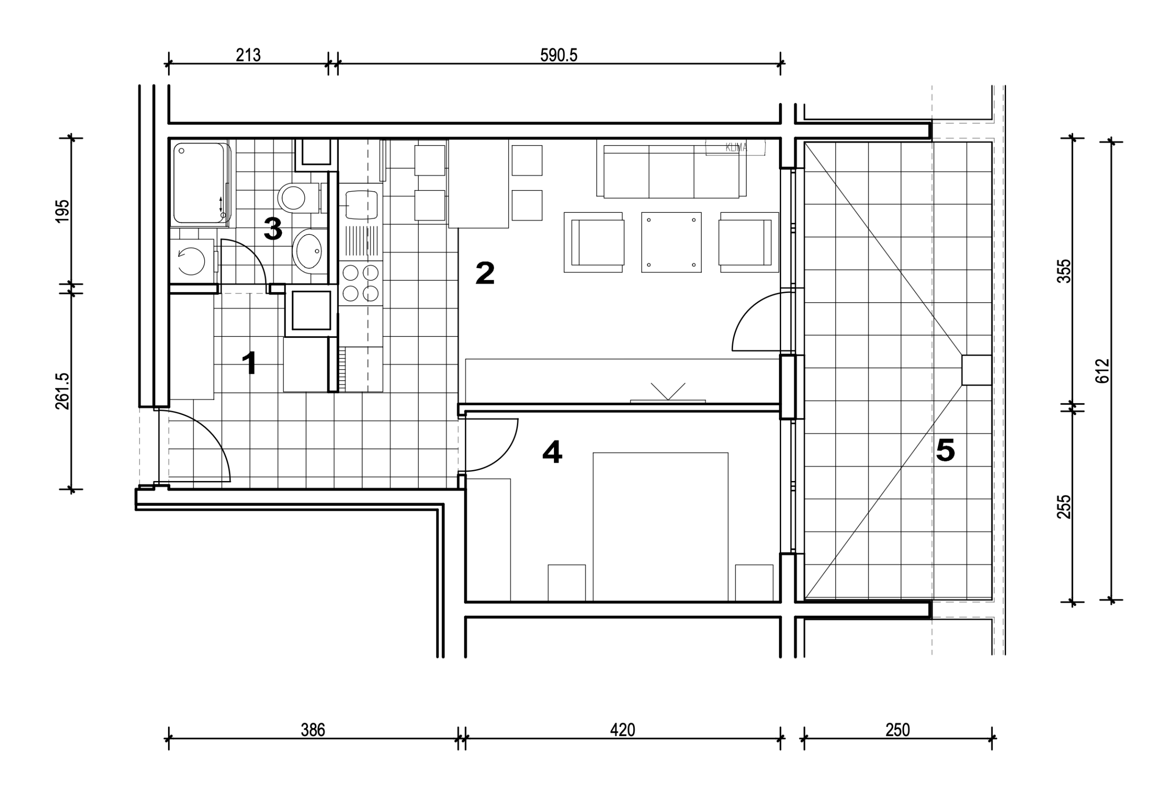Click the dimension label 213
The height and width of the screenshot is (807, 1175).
tap(248, 55)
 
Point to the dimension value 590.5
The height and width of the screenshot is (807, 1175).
tap(559, 55)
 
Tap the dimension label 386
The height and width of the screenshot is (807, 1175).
tap(313, 730)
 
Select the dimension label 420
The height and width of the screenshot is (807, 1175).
tap(622, 730)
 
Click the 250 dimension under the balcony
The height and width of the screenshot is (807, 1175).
tap(898, 730)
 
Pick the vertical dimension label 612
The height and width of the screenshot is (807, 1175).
tap(1103, 370)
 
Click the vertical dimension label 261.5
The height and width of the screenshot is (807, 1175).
tap(62, 391)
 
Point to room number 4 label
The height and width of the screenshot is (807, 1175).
tap(552, 452)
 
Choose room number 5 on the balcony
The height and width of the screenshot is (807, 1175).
tap(945, 449)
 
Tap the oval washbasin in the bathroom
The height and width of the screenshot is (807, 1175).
tap(309, 251)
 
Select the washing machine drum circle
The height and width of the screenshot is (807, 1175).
tap(191, 261)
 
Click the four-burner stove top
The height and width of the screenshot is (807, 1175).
tap(361, 283)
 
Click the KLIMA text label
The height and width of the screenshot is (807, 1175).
tap(736, 148)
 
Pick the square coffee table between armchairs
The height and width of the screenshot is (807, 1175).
tap(671, 242)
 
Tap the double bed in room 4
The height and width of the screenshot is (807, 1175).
tap(660, 527)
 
